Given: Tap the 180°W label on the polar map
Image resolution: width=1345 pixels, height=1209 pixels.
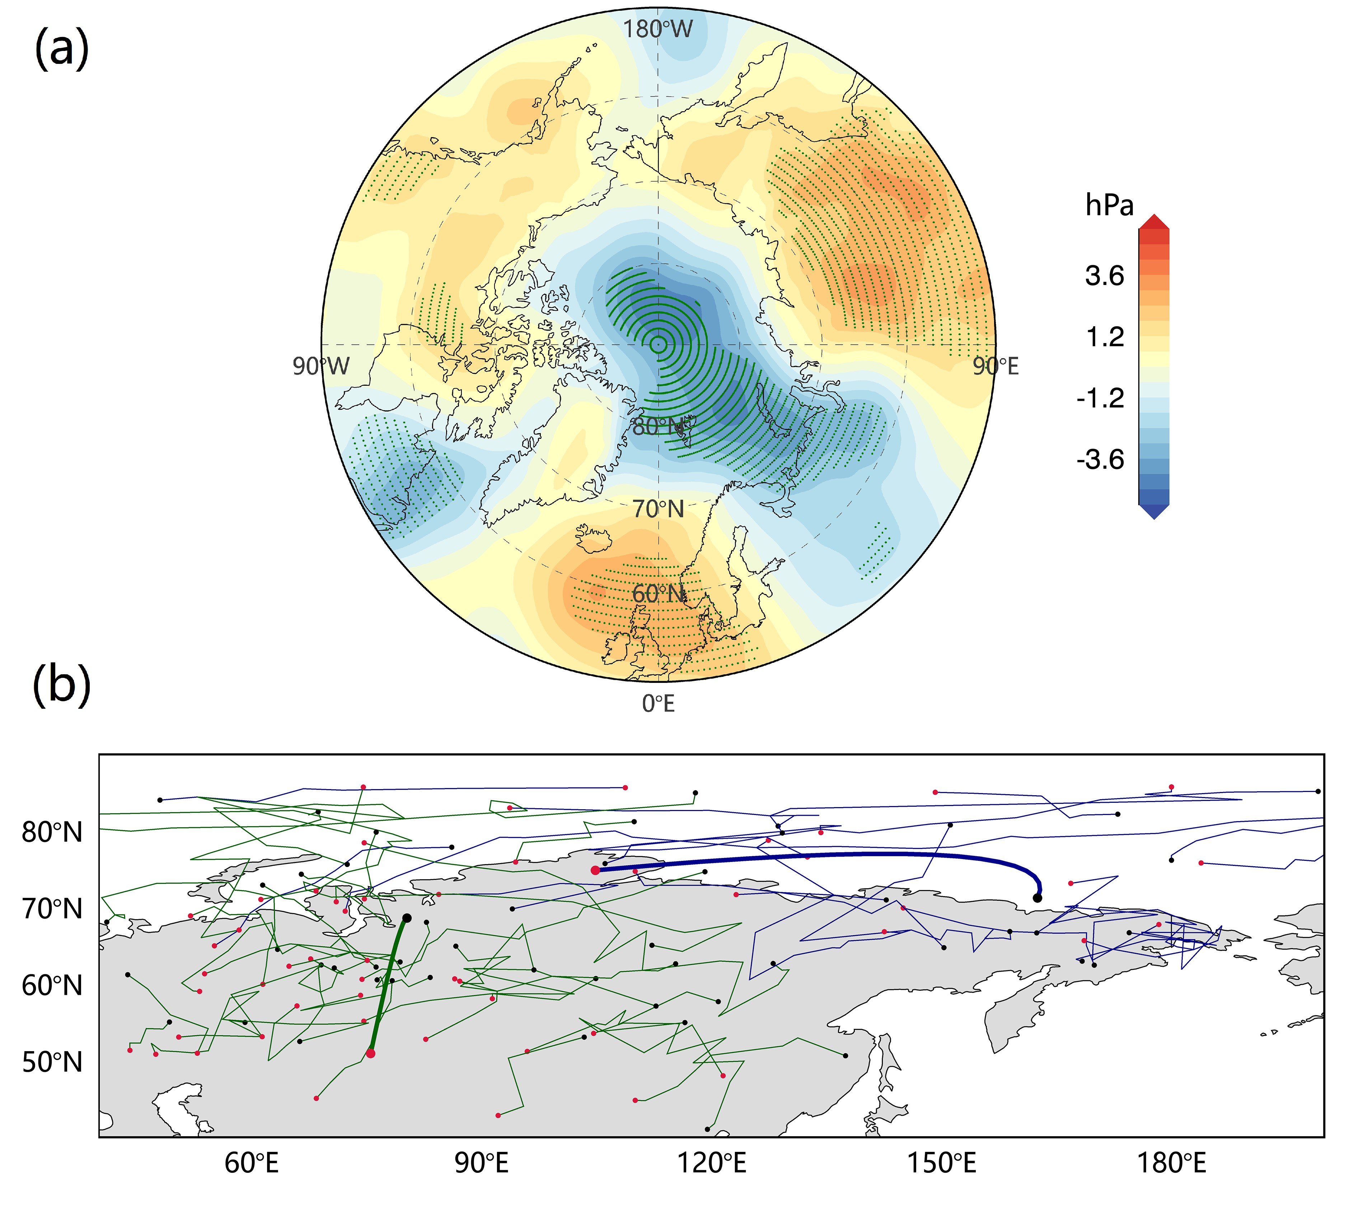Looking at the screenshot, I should (657, 29).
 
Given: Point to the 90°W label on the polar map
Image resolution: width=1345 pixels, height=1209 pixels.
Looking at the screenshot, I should (321, 366).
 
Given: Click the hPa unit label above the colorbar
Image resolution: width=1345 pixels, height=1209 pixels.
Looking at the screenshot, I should (1109, 206).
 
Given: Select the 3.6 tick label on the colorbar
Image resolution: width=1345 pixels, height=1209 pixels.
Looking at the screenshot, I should (1105, 276).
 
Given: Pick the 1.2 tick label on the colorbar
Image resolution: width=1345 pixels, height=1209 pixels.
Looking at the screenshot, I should (1105, 337).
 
